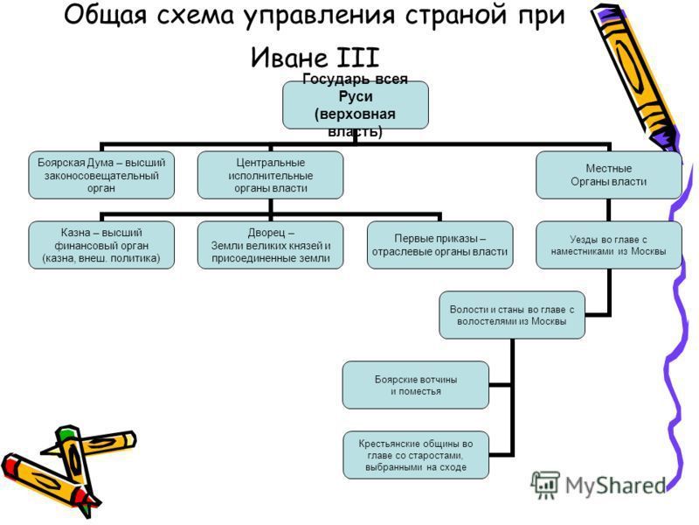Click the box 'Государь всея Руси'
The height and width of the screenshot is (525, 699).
point(354,105)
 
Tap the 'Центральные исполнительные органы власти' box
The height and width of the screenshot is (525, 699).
point(268,175)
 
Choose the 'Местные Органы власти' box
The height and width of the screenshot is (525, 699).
point(608,175)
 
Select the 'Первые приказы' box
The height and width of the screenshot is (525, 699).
point(439,245)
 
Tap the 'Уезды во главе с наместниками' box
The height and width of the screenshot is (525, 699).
point(608,245)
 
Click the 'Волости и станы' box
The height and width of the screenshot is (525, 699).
point(511,315)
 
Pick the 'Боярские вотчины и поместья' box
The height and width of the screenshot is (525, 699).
point(415,385)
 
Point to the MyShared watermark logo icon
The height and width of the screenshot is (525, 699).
point(545,484)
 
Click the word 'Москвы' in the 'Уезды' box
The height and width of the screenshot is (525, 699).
point(647,251)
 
